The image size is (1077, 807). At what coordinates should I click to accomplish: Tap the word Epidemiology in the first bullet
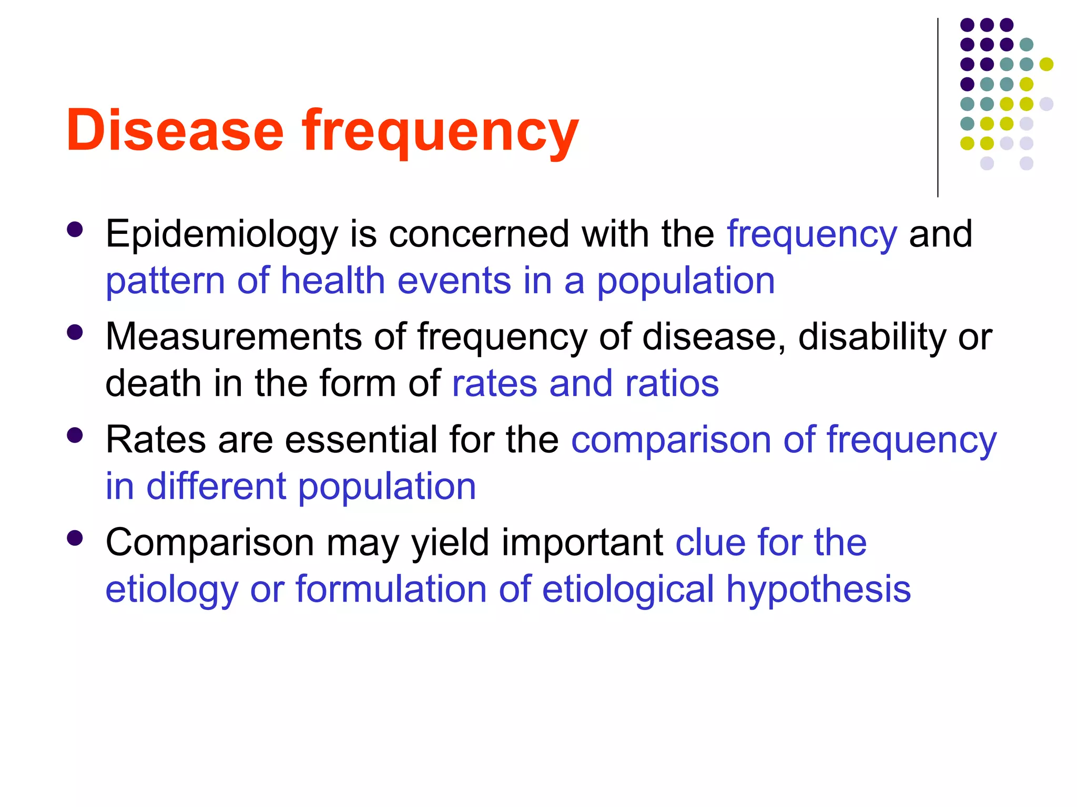(x=221, y=234)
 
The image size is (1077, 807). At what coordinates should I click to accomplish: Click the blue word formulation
(x=391, y=589)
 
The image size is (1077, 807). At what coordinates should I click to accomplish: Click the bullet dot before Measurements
(x=75, y=333)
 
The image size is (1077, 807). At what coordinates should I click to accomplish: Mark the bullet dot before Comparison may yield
(x=75, y=538)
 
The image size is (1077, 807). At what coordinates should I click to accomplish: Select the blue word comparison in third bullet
(x=671, y=440)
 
